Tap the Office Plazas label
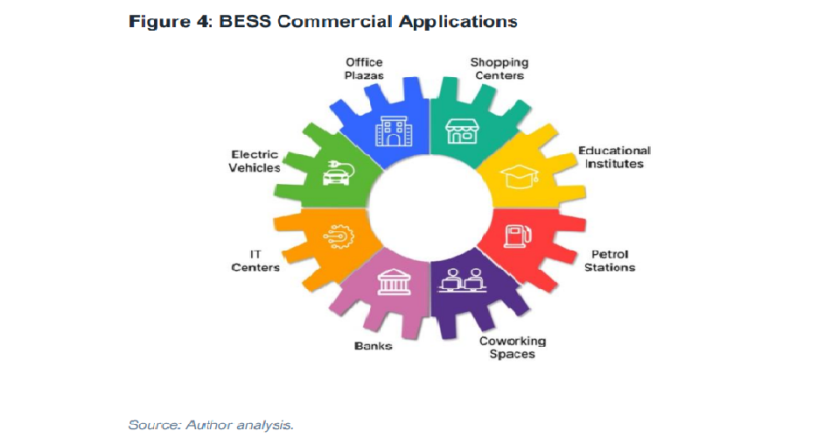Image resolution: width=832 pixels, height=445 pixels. (x=364, y=69)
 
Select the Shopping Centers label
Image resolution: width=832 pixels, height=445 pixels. (x=500, y=69)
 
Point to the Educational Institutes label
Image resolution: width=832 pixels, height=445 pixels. (x=614, y=157)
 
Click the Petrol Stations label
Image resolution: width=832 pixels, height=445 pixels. (x=610, y=261)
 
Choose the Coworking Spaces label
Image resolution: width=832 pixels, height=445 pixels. (x=513, y=348)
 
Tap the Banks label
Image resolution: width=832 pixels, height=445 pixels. (x=374, y=346)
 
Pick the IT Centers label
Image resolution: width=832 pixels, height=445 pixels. (x=255, y=261)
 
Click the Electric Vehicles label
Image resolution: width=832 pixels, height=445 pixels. (x=255, y=161)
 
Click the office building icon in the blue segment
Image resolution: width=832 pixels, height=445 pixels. (x=393, y=131)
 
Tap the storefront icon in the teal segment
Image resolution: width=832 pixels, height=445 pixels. (x=462, y=131)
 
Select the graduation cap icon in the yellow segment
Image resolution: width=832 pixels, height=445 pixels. (x=520, y=176)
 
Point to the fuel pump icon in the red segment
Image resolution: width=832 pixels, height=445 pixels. (x=517, y=237)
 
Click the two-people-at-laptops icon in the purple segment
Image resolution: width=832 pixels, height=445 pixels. (x=462, y=280)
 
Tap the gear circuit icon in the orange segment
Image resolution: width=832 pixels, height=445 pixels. (x=339, y=237)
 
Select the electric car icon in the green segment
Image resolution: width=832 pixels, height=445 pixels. (x=338, y=173)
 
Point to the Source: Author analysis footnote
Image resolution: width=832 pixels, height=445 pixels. (x=211, y=426)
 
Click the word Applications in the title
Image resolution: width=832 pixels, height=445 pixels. (x=458, y=22)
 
